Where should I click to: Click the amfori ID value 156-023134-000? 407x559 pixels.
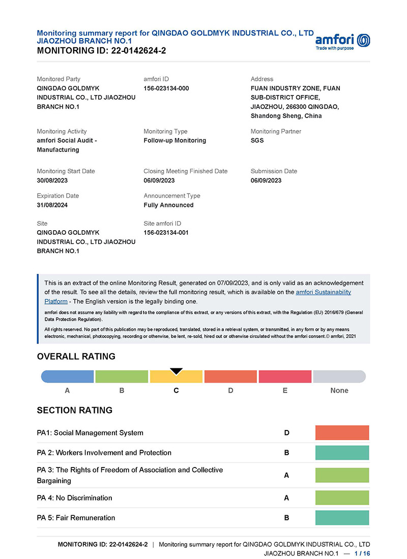(166, 88)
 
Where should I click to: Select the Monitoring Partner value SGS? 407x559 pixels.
(257, 140)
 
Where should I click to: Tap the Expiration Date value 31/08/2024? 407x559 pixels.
(52, 205)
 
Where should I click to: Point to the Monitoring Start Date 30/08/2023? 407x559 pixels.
(52, 180)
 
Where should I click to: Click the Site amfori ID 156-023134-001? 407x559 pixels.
(166, 233)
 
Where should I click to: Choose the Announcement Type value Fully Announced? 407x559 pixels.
(168, 205)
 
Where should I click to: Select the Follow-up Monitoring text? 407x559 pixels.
(175, 140)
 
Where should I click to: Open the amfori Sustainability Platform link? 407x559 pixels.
(323, 292)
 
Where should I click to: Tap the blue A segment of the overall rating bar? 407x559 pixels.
(68, 377)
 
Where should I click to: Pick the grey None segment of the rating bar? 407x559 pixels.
(339, 377)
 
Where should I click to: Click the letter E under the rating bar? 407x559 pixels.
(285, 390)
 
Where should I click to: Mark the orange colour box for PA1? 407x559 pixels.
(342, 433)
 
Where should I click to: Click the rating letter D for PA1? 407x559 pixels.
(287, 433)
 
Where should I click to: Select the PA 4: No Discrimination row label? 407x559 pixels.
(75, 498)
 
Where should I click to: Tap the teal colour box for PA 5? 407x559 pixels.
(342, 518)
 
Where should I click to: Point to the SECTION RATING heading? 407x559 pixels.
(75, 410)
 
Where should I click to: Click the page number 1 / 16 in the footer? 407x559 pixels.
(362, 553)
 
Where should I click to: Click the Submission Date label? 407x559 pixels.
(274, 171)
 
